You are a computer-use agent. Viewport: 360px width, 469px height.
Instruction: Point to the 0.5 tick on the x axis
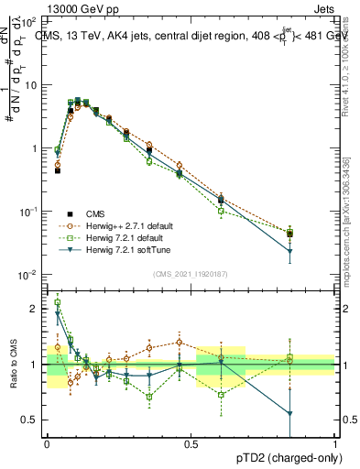point(191,442)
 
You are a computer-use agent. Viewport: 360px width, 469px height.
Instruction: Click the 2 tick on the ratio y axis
point(36,309)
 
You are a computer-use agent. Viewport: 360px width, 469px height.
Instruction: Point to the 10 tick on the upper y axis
point(30,84)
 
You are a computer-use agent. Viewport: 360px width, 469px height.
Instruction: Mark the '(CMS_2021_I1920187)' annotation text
point(191,273)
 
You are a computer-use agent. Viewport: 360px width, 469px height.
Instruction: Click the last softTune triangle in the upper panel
point(290,251)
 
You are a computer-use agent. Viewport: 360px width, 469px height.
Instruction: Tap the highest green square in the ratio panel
point(58,302)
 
